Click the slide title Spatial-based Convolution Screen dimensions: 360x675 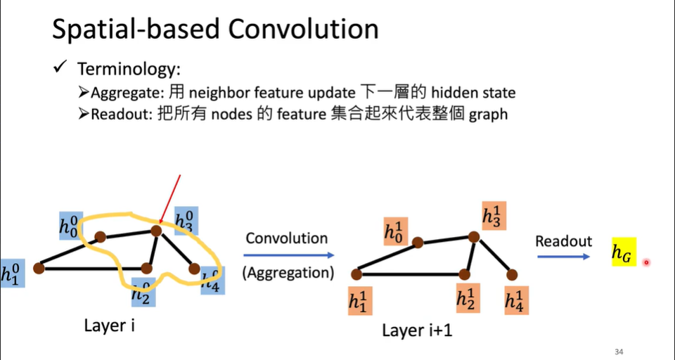[x=216, y=29]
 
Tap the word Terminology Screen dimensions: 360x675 [x=129, y=69]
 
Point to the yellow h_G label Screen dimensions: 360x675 [x=624, y=252]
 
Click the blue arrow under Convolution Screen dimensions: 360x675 [x=289, y=257]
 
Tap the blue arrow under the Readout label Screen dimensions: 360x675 [x=563, y=257]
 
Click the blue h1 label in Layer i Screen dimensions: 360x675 [x=12, y=272]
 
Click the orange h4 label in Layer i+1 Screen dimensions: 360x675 [x=516, y=300]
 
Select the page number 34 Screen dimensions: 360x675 [x=619, y=352]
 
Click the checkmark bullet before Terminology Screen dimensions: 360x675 [x=60, y=68]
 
